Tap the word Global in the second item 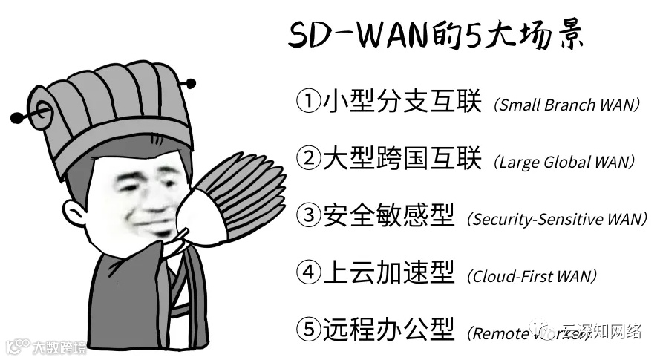(566, 162)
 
